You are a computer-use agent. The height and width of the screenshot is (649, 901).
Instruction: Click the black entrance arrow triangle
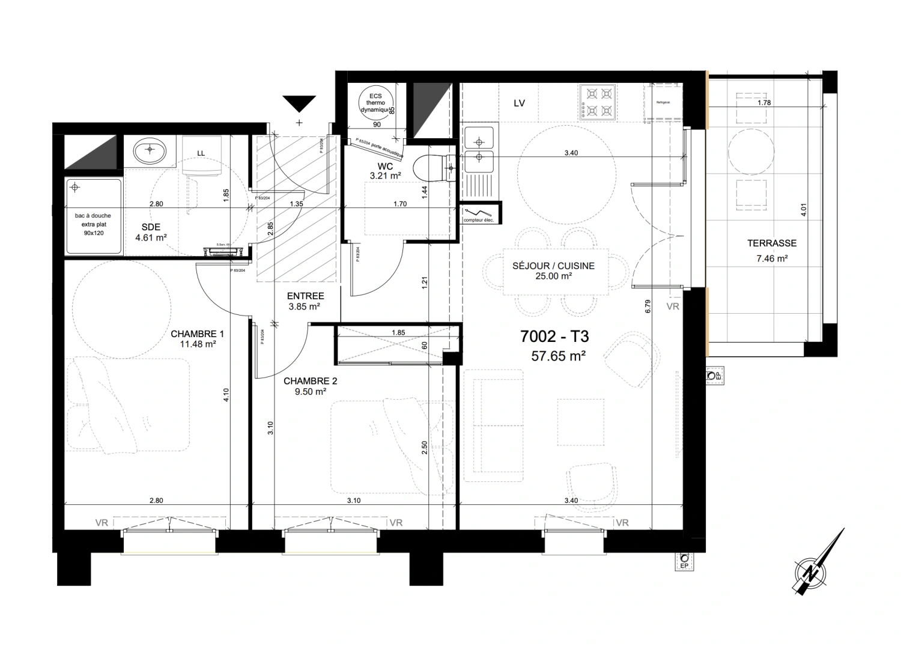point(299,103)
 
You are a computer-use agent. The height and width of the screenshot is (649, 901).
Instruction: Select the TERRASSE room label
point(772,243)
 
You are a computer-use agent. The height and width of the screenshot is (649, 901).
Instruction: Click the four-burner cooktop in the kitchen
point(598,102)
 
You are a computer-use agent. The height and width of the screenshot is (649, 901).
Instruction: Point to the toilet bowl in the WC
point(431,168)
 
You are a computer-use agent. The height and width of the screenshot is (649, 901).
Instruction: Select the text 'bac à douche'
point(93,215)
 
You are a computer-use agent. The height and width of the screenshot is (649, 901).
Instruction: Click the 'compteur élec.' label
point(478,221)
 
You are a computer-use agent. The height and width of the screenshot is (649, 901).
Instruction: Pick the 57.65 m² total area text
point(558,356)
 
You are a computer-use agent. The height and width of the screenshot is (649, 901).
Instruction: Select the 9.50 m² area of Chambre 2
point(311,391)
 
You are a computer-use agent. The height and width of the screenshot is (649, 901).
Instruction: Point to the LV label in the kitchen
point(520,103)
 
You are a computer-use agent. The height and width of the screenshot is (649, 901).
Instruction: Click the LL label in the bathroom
point(201,153)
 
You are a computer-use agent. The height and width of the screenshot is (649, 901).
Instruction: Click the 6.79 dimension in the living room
point(648,306)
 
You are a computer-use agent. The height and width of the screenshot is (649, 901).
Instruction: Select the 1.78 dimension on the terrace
point(763,103)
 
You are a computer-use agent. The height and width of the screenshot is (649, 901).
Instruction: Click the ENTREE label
point(305,296)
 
